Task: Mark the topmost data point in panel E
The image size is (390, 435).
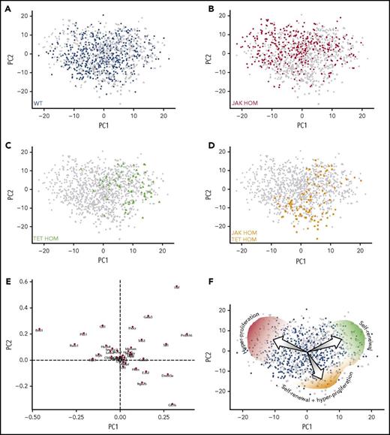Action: [176, 288]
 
